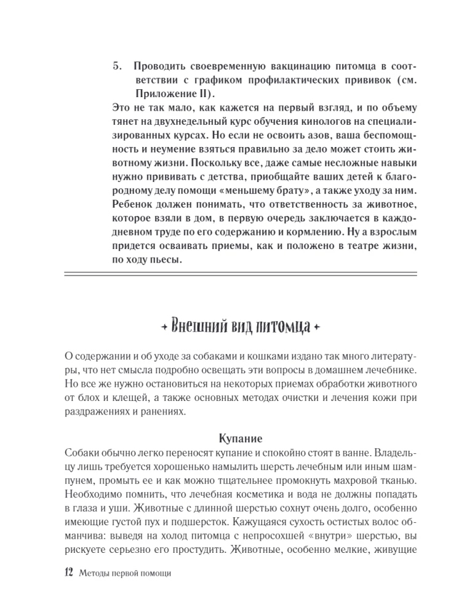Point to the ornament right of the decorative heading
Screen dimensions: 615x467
point(317,326)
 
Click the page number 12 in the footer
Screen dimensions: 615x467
point(68,573)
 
